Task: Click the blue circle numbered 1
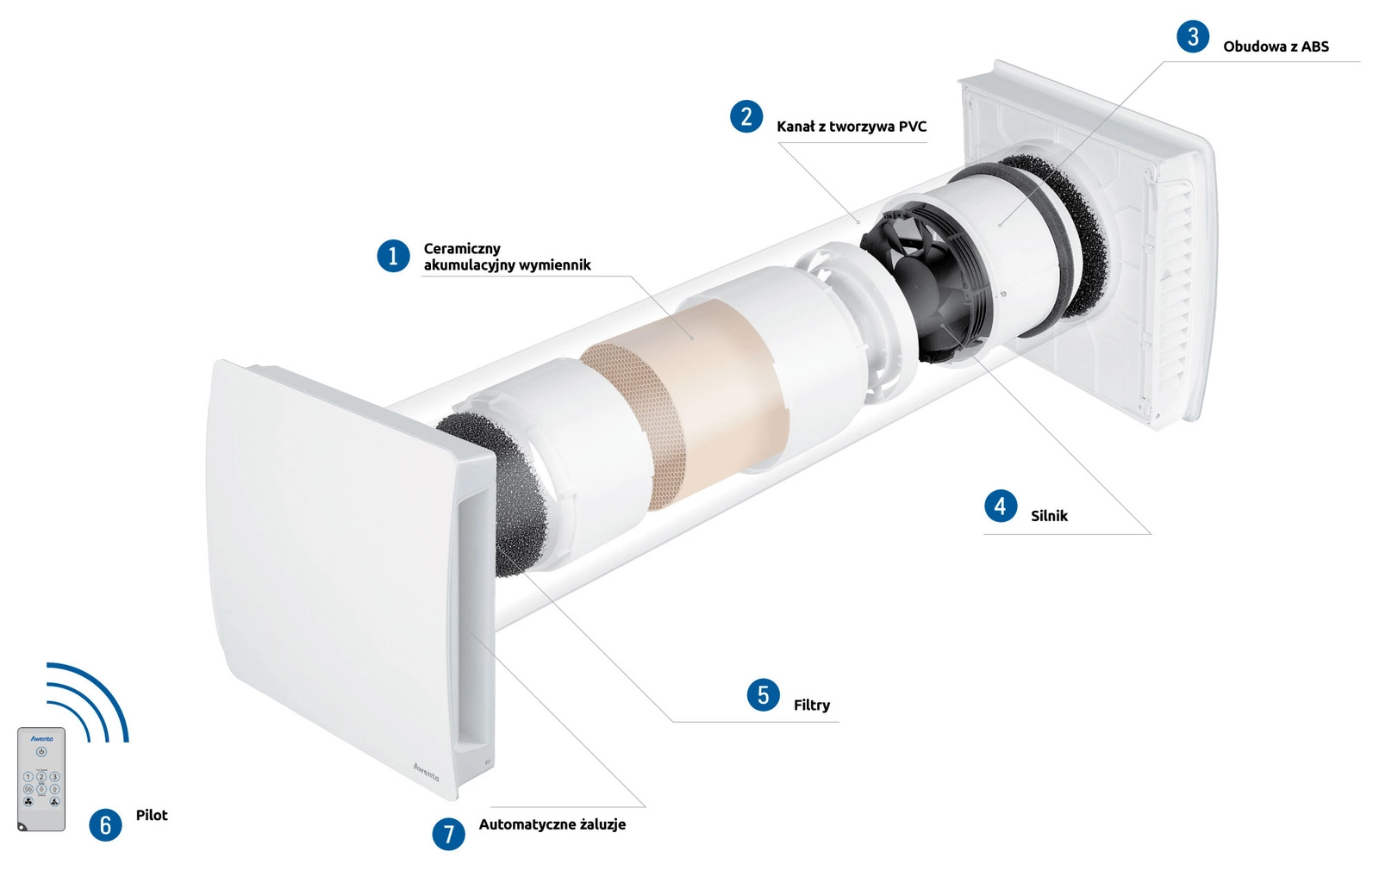coord(393,255)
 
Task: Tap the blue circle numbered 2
coord(746,116)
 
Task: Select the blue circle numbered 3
coord(1193,36)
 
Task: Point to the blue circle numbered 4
coord(1001,506)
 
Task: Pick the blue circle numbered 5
coord(764,695)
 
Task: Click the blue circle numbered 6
coord(105,824)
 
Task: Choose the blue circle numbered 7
coord(448,834)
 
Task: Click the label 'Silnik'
coord(1049,516)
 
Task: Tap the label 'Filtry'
coord(811,705)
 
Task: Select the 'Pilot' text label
coord(152,815)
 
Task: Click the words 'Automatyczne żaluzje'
coord(552,824)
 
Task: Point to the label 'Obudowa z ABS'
coord(1276,47)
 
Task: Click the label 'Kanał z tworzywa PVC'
coord(852,127)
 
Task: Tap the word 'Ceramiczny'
coord(462,249)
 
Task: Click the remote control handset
coord(41,779)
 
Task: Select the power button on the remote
coord(41,752)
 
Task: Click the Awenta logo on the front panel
coord(426,772)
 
